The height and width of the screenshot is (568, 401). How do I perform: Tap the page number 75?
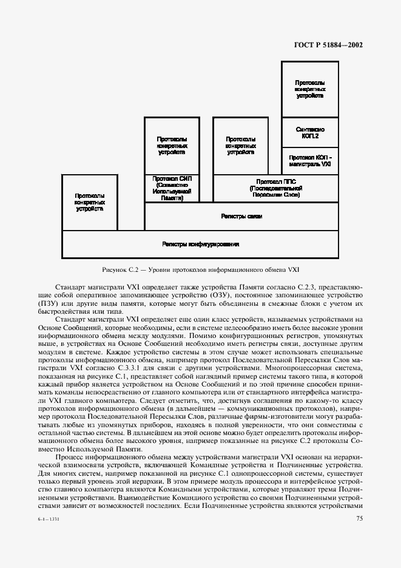coord(359,518)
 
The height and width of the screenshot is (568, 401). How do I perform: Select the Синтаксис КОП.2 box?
coord(310,132)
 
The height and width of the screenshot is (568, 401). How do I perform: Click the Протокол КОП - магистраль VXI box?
coord(310,161)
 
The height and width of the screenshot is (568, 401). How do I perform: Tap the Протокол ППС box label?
coord(275,188)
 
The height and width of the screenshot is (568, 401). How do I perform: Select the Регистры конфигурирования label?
coord(200,244)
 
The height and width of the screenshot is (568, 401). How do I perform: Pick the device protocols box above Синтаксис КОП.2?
coord(310,89)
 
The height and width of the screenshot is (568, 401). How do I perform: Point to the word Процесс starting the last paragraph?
coord(70,455)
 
